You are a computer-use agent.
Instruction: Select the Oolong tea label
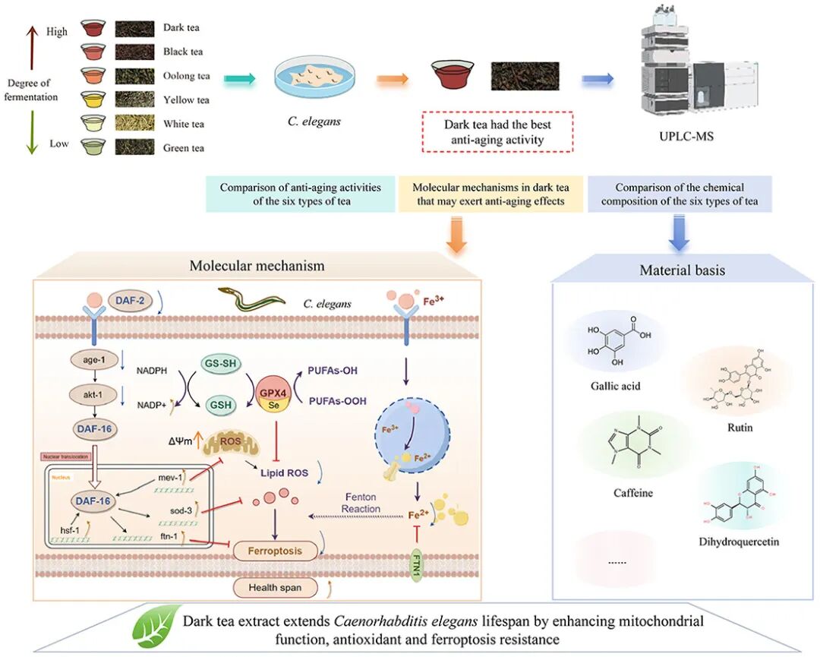coord(186,76)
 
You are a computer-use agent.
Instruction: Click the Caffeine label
coord(633,493)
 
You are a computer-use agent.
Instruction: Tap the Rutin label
coord(740,428)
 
